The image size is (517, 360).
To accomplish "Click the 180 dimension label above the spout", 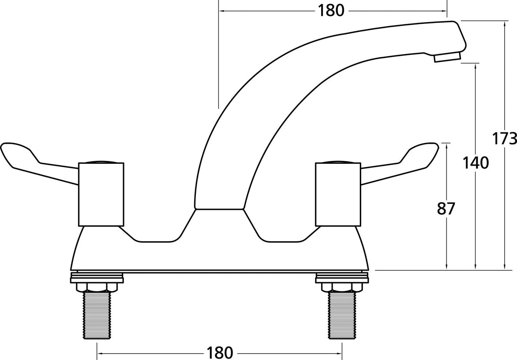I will pos(331,10).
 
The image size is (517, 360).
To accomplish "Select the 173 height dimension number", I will pos(505,139).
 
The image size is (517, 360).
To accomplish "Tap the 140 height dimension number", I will pos(476,163).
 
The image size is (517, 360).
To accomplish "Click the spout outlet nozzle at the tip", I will pos(447,57).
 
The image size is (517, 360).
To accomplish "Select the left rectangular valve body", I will pos(101,194).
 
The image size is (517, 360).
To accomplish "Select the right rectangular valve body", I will pos(338,194).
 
